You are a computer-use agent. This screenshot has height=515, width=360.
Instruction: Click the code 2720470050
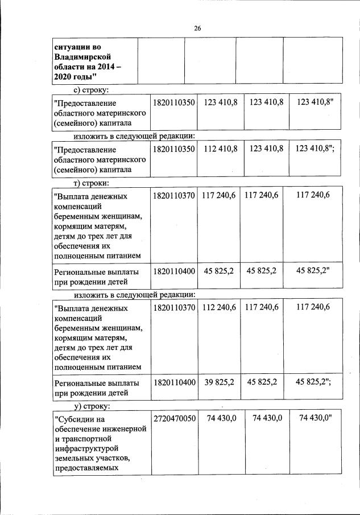(x=175, y=418)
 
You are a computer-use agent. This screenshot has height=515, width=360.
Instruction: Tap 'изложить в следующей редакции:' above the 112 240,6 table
(x=135, y=294)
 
